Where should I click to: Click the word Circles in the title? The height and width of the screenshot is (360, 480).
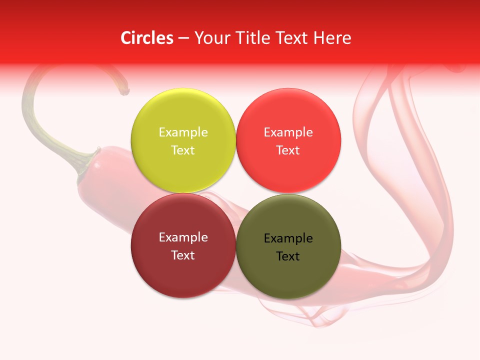(x=147, y=38)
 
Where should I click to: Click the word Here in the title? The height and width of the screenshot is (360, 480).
(x=332, y=38)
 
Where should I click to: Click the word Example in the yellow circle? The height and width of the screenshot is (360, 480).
(x=183, y=132)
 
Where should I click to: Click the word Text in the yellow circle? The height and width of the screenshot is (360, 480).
(x=183, y=150)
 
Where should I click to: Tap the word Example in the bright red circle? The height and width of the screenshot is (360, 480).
(x=288, y=132)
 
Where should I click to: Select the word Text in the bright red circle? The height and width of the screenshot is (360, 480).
(x=288, y=150)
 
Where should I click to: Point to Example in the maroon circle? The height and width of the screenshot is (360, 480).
(x=183, y=237)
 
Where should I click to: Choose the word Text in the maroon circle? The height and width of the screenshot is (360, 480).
(x=183, y=255)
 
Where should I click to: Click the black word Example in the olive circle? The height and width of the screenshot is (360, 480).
(x=288, y=238)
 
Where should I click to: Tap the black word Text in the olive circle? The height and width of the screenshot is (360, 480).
(x=288, y=256)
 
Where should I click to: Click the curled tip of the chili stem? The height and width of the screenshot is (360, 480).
(x=124, y=91)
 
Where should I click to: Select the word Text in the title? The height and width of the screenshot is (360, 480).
(x=292, y=38)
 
